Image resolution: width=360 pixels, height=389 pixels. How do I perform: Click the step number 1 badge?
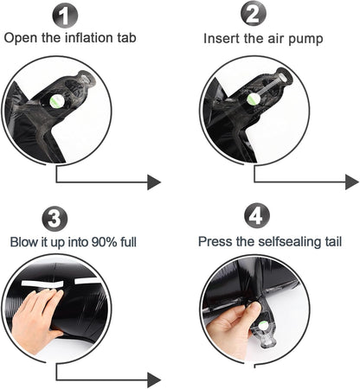(x=65, y=16)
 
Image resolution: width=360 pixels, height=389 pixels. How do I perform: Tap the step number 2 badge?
(x=254, y=13)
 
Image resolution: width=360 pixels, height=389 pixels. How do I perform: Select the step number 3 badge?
(x=55, y=219)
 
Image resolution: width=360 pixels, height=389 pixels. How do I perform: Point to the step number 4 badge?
(x=257, y=216)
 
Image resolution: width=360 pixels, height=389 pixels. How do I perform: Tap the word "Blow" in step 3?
(x=24, y=242)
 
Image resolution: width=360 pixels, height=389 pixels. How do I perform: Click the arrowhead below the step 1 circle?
(x=154, y=182)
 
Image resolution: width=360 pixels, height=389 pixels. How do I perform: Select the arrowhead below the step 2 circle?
(x=352, y=182)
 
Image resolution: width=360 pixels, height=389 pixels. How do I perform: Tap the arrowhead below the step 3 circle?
(x=154, y=380)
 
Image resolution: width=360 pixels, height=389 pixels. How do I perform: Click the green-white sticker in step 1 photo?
(x=57, y=101)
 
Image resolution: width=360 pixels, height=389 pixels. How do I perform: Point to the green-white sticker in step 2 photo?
(x=254, y=99)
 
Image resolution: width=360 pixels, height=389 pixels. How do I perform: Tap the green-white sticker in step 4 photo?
(x=263, y=326)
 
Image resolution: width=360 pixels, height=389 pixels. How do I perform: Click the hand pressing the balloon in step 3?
(x=36, y=320)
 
